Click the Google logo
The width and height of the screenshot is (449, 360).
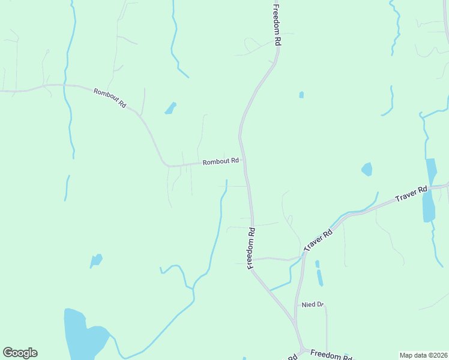pyautogui.click(x=20, y=353)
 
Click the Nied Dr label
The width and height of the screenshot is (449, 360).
pyautogui.click(x=313, y=305)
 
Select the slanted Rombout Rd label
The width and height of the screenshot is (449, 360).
pyautogui.click(x=110, y=98)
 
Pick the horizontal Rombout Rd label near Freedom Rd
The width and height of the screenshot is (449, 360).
pyautogui.click(x=220, y=161)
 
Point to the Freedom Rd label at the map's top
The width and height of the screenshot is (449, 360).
pyautogui.click(x=277, y=26)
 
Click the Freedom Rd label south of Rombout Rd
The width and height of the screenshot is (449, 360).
pyautogui.click(x=252, y=248)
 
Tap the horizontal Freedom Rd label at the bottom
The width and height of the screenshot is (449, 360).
pyautogui.click(x=331, y=355)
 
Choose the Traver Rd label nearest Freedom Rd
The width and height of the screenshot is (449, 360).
pyautogui.click(x=318, y=240)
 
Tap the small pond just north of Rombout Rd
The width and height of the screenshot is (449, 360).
pyautogui.click(x=170, y=109)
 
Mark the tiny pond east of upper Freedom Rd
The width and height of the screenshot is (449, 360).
pyautogui.click(x=301, y=95)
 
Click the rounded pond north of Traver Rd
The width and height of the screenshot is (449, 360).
pyautogui.click(x=367, y=170)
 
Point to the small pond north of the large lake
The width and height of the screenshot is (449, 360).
pyautogui.click(x=96, y=260)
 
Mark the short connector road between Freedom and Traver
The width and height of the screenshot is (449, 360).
pyautogui.click(x=276, y=259)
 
